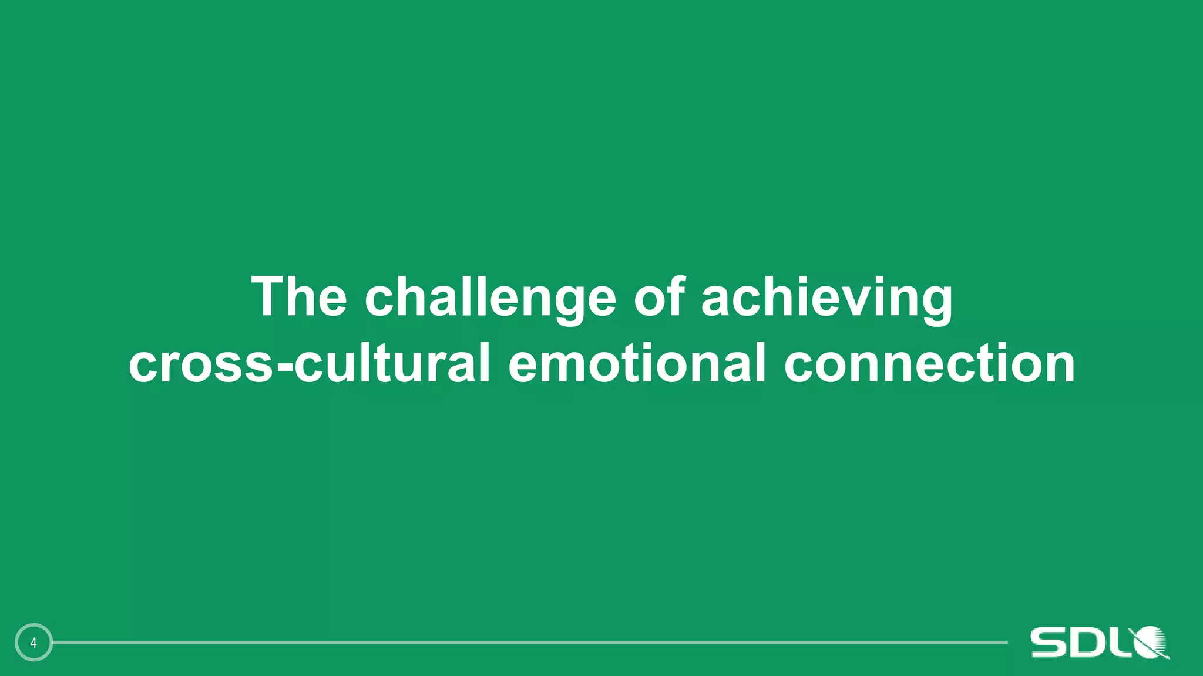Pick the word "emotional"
pos(637,364)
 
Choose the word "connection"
pos(929,364)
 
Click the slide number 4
pos(33,643)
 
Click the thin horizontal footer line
pos(529,643)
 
